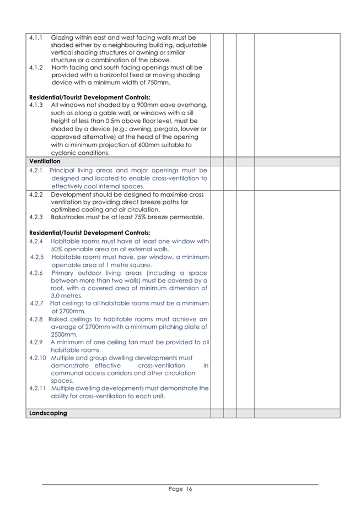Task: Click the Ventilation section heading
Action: coord(45,161)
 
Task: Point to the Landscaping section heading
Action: coord(48,413)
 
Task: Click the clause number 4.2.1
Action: coord(36,170)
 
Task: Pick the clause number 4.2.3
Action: coord(36,217)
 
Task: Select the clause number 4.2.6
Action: coord(36,273)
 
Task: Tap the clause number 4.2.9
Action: coord(36,342)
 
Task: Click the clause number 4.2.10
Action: coord(37,358)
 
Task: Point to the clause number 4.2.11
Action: coord(37,388)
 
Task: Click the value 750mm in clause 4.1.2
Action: coord(157,83)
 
